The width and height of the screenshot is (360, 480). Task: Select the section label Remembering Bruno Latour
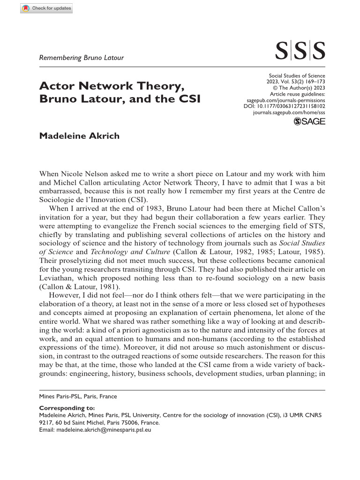pos(82,58)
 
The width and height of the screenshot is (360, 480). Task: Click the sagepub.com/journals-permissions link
pos(285,100)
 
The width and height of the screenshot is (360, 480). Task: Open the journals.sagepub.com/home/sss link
pos(289,113)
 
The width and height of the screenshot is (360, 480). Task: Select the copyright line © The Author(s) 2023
pos(299,88)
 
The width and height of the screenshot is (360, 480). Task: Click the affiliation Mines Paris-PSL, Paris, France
pos(78,396)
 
